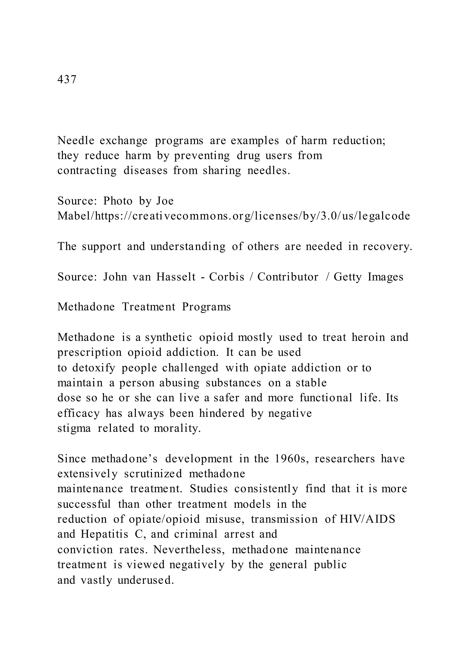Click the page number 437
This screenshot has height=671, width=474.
pyautogui.click(x=67, y=79)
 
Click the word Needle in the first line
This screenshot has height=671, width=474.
pyautogui.click(x=76, y=141)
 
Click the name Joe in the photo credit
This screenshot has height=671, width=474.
pyautogui.click(x=165, y=201)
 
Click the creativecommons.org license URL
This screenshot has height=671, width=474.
pyautogui.click(x=234, y=216)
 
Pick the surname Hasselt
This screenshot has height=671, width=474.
pyautogui.click(x=176, y=277)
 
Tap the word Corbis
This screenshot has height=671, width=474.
pyautogui.click(x=227, y=277)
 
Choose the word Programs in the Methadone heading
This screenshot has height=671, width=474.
pyautogui.click(x=206, y=307)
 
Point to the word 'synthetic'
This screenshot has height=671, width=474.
pyautogui.click(x=169, y=337)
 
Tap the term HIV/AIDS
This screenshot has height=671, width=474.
pyautogui.click(x=368, y=519)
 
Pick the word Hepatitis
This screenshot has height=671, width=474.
pyautogui.click(x=104, y=534)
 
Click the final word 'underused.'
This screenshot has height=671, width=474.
pyautogui.click(x=146, y=580)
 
